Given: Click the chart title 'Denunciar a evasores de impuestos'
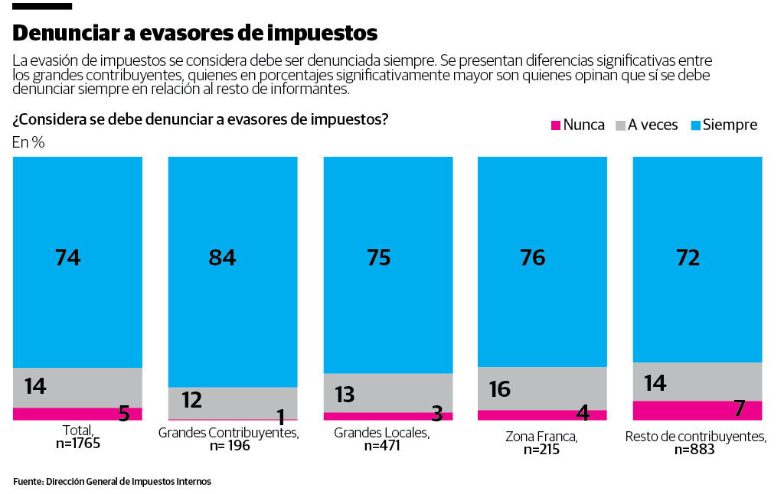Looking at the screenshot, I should point(195,33).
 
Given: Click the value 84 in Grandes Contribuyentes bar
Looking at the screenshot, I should point(222,258).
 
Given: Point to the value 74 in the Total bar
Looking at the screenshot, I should point(67,258).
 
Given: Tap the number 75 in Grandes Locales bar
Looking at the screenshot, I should point(378,258).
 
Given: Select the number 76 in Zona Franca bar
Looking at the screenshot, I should point(532,258).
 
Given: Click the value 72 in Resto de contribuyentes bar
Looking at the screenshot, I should point(688,258).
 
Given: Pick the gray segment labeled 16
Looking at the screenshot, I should point(542,388).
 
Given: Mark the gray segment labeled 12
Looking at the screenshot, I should point(233,402).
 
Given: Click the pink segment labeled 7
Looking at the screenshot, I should point(697,410).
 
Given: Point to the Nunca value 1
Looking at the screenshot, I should point(280,417).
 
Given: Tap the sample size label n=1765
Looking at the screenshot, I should point(78,443).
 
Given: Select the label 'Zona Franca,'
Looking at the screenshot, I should point(541,437).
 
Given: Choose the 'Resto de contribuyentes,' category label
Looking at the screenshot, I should point(695,437).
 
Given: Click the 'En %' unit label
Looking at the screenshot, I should point(28,142).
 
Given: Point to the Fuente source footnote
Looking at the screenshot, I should point(112,482).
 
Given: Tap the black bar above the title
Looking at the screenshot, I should point(42,6).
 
